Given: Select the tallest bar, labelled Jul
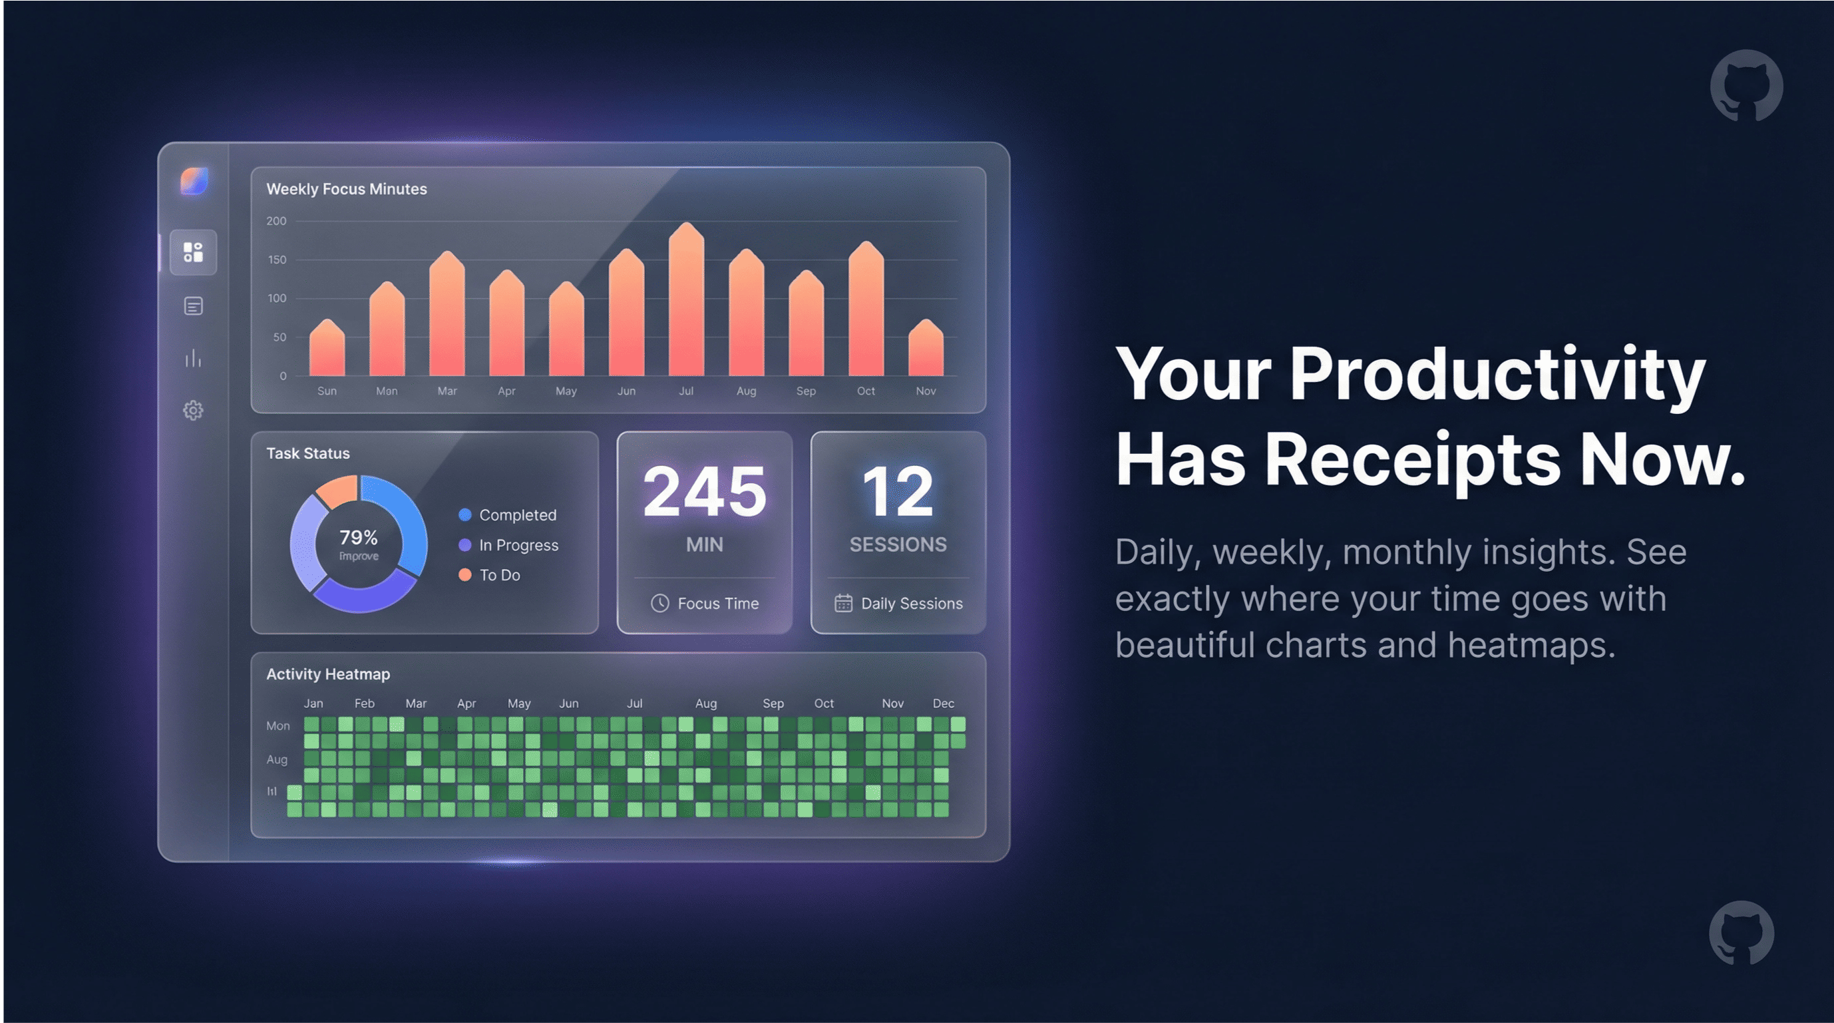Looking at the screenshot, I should click(685, 303).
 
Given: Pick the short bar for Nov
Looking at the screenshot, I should click(926, 349).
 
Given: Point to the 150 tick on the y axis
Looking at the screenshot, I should click(277, 260).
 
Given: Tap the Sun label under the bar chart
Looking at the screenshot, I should click(327, 391).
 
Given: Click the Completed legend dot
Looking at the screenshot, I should click(465, 514).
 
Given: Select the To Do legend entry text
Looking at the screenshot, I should click(500, 575).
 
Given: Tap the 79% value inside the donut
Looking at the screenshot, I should click(358, 538).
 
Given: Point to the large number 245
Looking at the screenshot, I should click(704, 491).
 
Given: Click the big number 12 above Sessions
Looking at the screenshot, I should click(897, 491).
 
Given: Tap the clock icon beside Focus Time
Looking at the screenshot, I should click(660, 604).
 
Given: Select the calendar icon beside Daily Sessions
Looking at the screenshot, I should click(843, 604).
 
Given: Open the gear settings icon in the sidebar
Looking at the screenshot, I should click(193, 411).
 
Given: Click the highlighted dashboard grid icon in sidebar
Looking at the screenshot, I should click(193, 252).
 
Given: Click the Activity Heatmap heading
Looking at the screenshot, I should click(327, 674).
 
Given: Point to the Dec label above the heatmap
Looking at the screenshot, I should click(944, 704).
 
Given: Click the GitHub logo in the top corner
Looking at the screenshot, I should click(1746, 85).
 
